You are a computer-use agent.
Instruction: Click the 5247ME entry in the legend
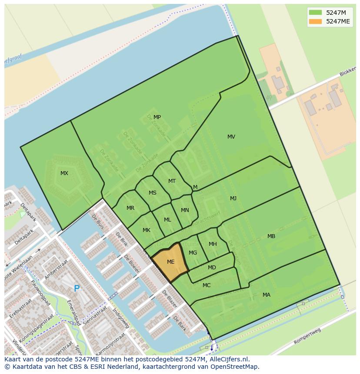(x=338, y=21)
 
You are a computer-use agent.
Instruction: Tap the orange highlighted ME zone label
(x=170, y=262)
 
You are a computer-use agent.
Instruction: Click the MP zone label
(x=157, y=117)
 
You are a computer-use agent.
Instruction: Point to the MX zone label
(x=64, y=173)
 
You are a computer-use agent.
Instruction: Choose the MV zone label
(x=231, y=137)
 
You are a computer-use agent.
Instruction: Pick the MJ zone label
(x=233, y=199)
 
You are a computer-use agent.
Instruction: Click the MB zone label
(x=271, y=236)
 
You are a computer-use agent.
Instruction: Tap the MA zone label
(x=266, y=295)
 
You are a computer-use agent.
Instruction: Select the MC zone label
(x=207, y=285)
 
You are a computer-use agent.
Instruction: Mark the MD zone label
(x=212, y=268)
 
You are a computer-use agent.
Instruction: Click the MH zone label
(x=213, y=244)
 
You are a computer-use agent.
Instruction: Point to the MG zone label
(x=193, y=253)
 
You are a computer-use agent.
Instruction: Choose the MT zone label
(x=172, y=181)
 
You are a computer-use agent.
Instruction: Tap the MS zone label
(x=152, y=193)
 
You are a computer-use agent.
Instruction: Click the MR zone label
(x=130, y=208)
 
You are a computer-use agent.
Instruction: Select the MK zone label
(x=147, y=230)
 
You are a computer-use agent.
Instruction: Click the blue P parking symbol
(x=77, y=288)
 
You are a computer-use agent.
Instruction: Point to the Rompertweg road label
(x=307, y=336)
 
